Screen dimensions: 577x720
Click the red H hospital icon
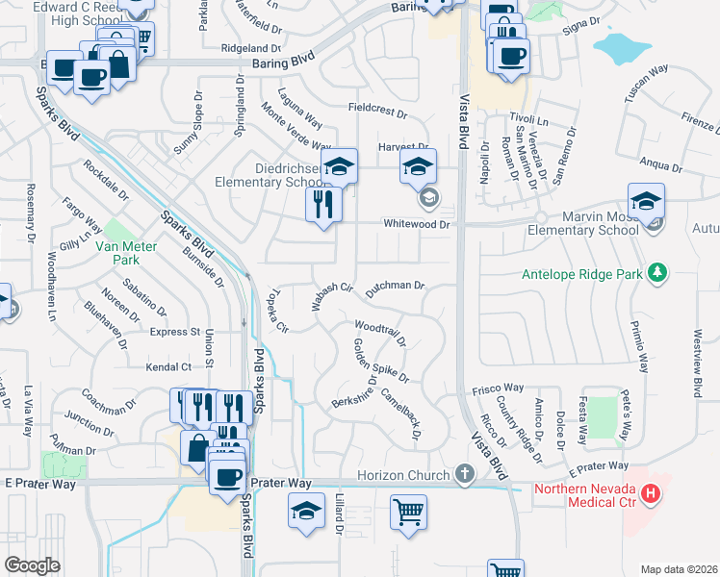point(652,494)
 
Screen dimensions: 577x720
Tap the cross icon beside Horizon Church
point(465,475)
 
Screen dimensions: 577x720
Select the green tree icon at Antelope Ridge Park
point(657,274)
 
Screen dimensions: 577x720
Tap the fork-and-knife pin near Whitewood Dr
point(323,204)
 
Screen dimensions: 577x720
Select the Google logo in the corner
point(32,565)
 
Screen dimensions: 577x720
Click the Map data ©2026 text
point(679,569)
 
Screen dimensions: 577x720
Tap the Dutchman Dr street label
point(396,286)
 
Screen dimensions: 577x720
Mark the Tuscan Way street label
point(646,80)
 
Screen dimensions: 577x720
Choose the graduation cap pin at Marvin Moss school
point(647,200)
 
